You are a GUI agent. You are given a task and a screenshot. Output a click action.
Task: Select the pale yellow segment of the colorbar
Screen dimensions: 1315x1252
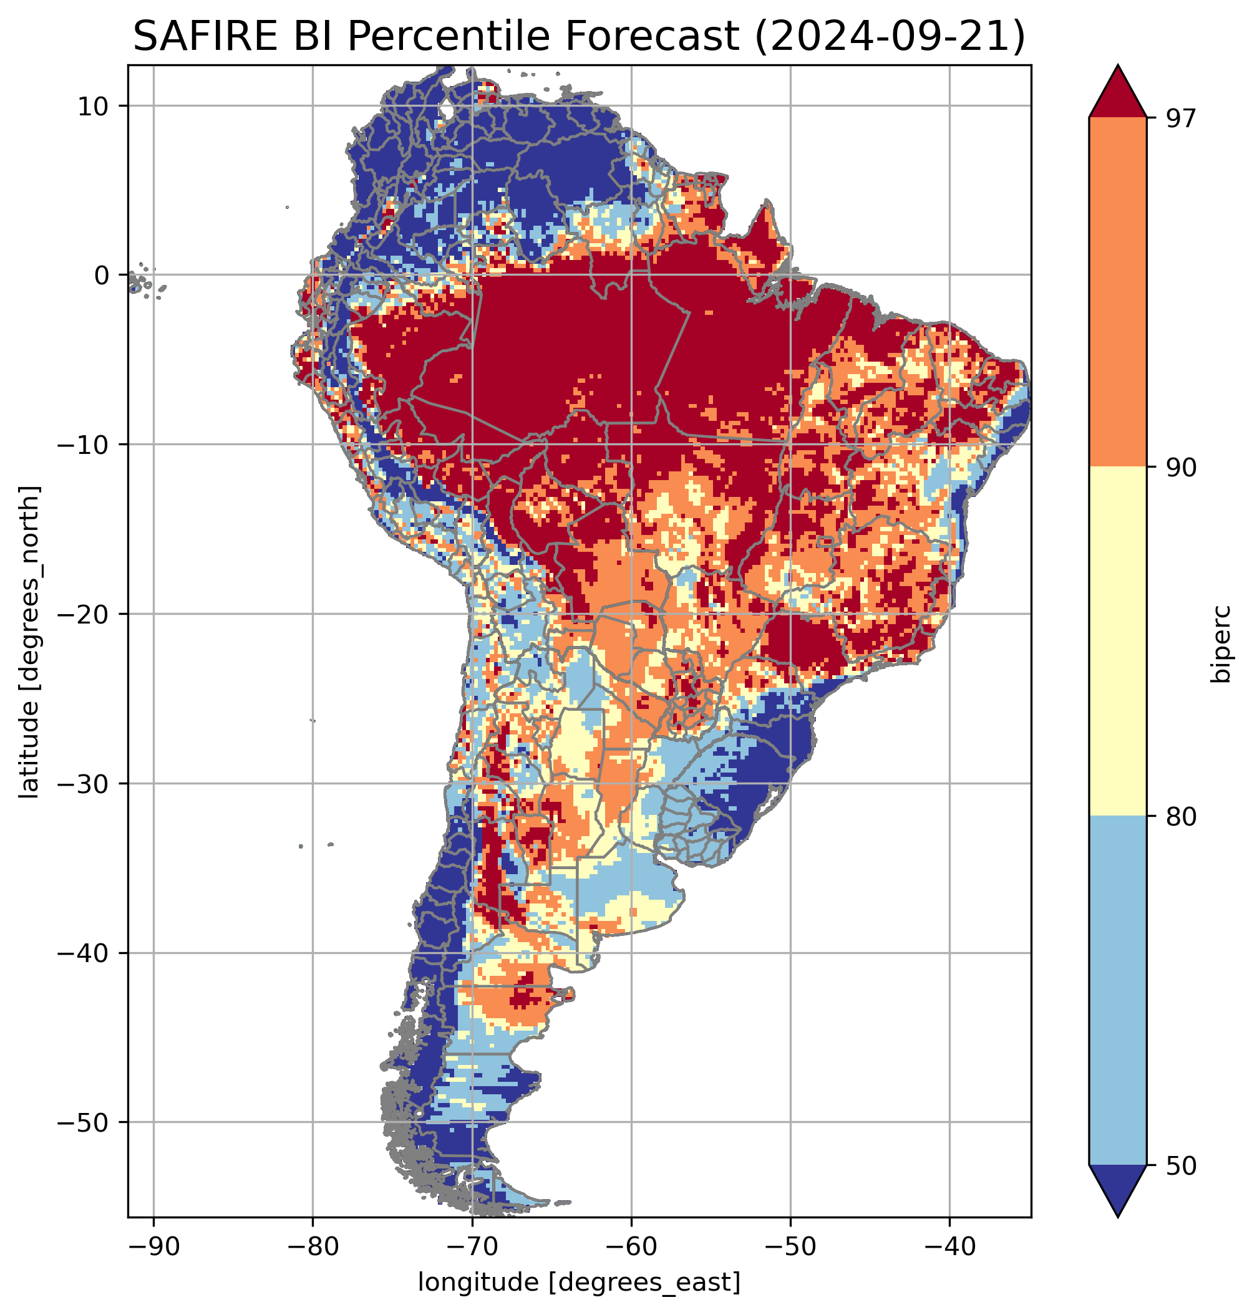tap(1117, 640)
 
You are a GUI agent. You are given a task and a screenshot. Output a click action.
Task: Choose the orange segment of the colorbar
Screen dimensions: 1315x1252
tap(1117, 292)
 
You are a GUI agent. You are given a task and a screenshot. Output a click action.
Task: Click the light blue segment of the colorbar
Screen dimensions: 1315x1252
tap(1117, 991)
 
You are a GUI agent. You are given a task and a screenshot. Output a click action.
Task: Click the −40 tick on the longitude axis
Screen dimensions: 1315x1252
tap(949, 1246)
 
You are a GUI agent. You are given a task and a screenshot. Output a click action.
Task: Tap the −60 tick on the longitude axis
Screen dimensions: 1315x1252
tap(631, 1246)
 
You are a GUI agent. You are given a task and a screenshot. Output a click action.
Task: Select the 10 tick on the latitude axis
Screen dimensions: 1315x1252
tap(93, 106)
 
